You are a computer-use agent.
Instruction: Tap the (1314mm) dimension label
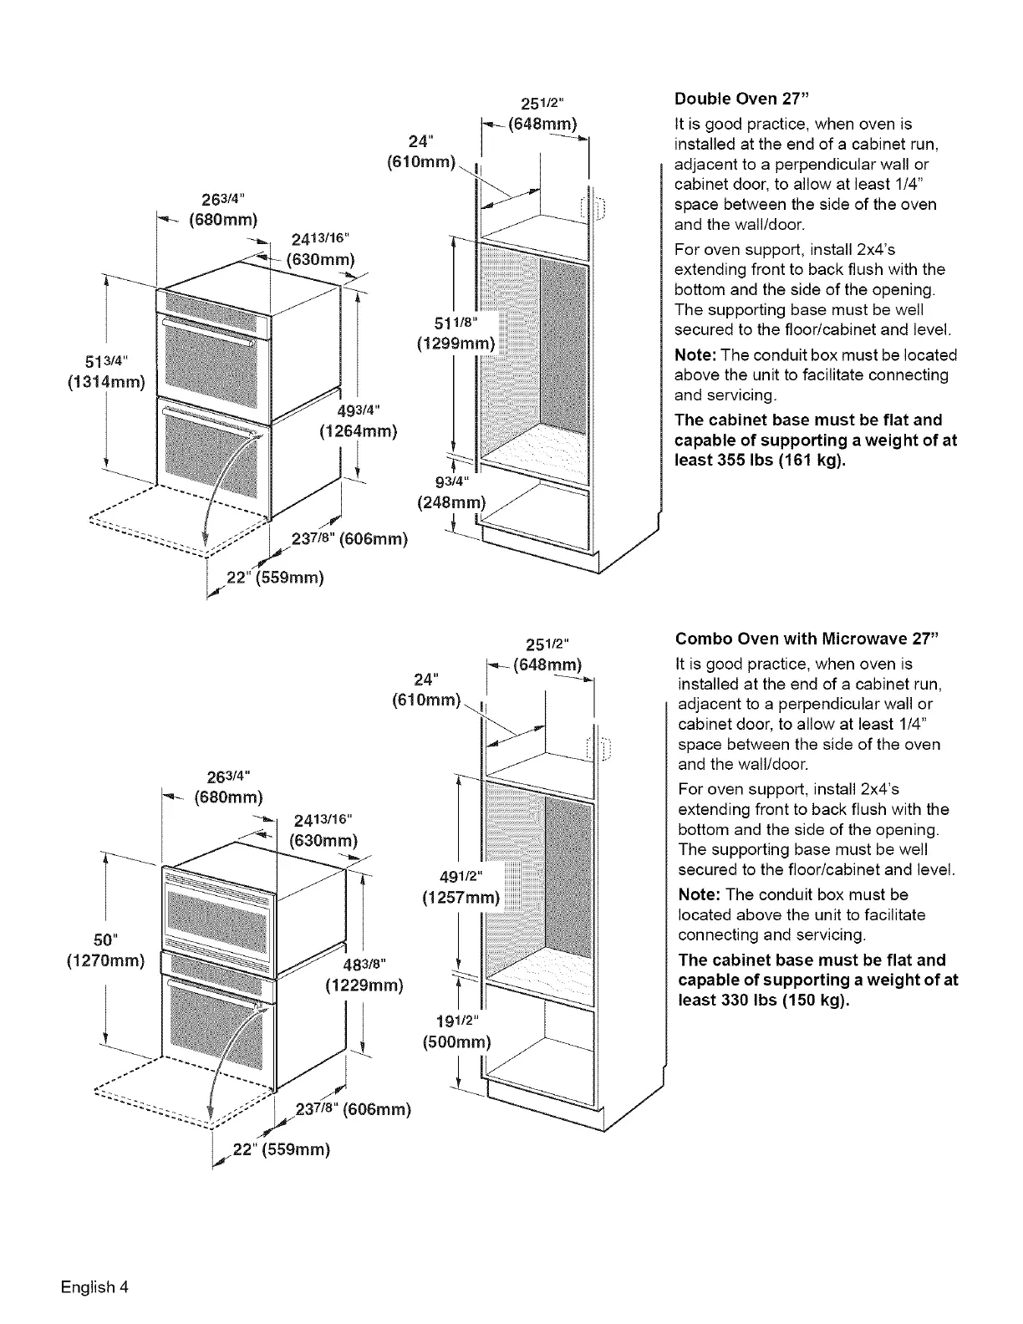pos(105,383)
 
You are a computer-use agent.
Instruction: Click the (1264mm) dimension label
pos(358,431)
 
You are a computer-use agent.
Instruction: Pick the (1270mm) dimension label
pos(105,960)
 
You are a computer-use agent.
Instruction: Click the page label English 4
pos(94,1286)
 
